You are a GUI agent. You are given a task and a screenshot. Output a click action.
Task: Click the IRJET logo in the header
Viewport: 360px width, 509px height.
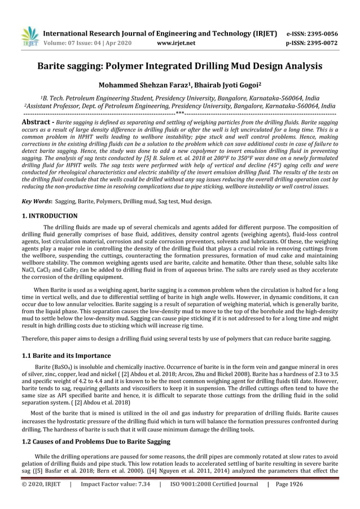(29, 35)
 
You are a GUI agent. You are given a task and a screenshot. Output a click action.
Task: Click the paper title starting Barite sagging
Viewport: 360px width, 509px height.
(179, 66)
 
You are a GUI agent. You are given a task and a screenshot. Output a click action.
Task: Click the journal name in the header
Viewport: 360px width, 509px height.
(161, 33)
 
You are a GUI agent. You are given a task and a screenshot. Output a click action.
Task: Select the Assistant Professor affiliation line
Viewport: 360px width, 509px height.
(179, 106)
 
